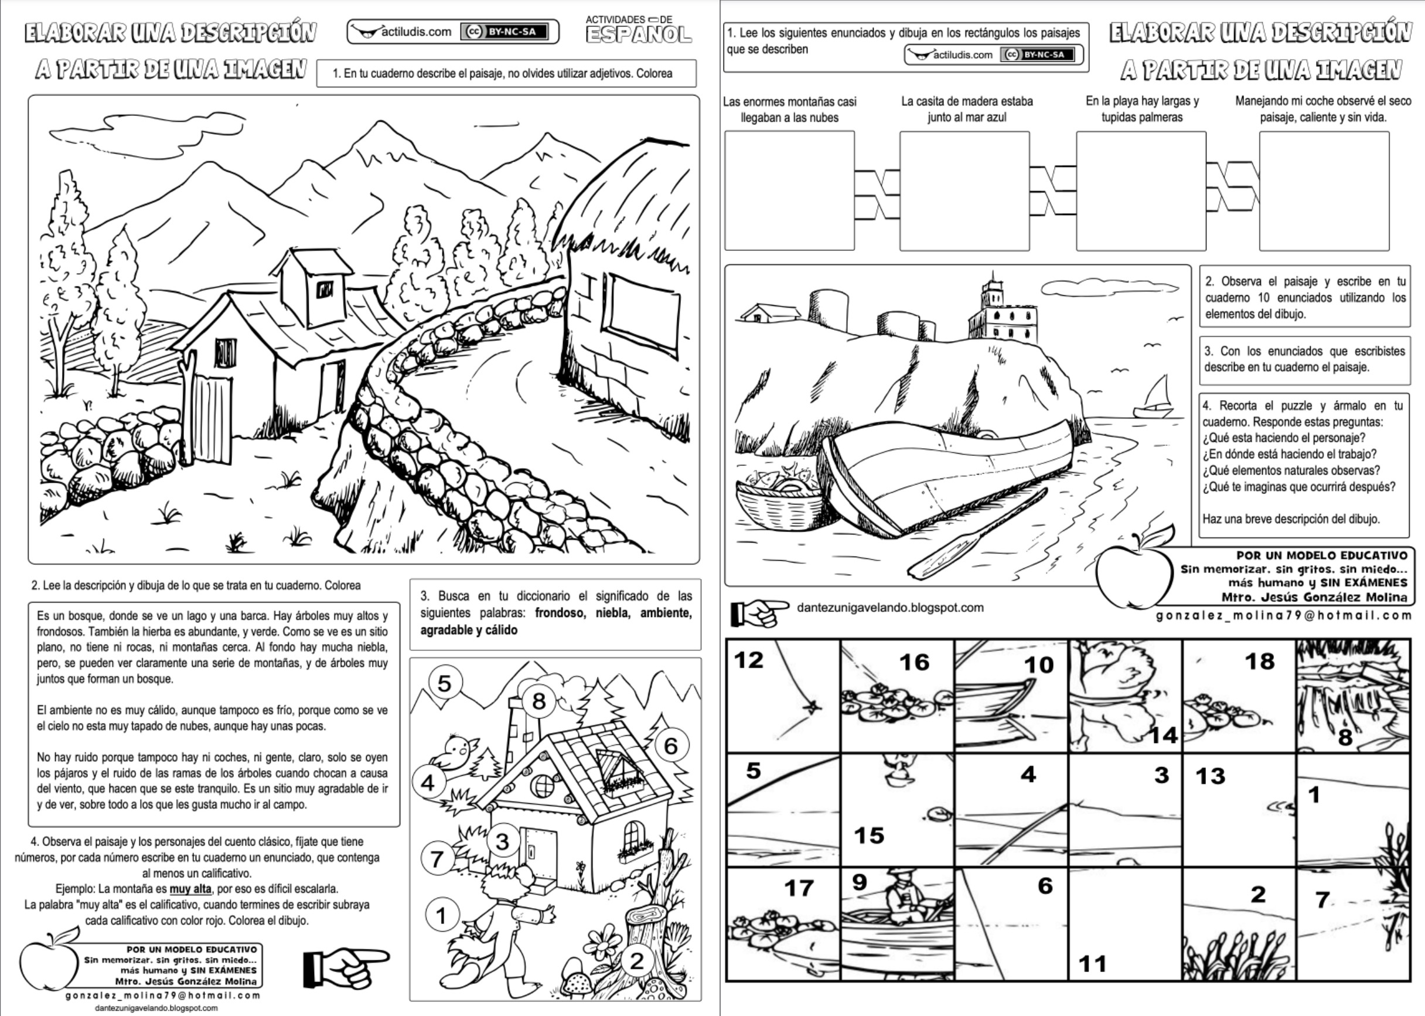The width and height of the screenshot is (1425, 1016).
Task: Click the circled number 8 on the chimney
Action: click(x=538, y=701)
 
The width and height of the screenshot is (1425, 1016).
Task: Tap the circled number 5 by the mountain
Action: click(x=444, y=683)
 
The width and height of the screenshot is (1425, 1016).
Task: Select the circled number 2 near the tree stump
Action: click(x=637, y=960)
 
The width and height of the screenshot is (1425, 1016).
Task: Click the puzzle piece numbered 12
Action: click(x=783, y=696)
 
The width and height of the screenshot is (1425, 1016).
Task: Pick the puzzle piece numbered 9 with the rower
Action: click(x=897, y=923)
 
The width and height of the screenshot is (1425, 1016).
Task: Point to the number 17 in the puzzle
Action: click(x=799, y=888)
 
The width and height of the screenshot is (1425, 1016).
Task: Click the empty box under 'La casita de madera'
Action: click(x=964, y=191)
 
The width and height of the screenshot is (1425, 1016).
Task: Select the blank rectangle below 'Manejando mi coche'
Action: click(x=1324, y=191)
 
